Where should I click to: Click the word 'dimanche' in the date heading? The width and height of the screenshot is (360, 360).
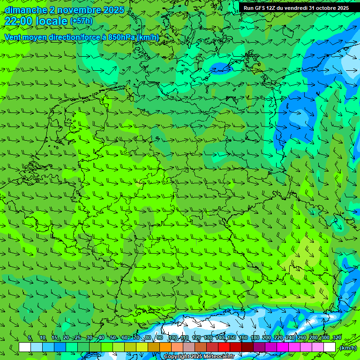coord(25,10)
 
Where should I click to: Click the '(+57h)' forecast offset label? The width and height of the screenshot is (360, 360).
coord(81,21)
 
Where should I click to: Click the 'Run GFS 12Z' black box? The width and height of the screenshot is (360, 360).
coord(296,8)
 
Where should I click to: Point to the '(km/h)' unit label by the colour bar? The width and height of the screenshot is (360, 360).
coord(347,348)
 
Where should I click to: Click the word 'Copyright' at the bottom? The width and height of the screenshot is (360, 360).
coord(177,357)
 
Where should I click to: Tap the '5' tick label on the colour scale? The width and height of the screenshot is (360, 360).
coord(30,337)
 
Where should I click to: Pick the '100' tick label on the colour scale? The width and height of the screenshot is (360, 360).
coord(173,337)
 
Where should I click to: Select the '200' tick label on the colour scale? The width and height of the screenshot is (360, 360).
coord(267,337)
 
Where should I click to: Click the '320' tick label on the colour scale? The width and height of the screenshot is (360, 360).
coord(337,337)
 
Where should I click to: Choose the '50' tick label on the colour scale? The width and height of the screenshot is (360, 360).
coord(113,337)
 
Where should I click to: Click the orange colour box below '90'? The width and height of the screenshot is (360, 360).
coord(165,347)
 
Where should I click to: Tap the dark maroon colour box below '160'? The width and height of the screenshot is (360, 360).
coord(247,347)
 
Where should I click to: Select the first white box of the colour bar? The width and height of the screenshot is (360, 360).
coord(25,347)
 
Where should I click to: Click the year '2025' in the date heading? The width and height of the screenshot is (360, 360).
coord(113,10)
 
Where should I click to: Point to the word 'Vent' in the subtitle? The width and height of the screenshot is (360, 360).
coord(13,37)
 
